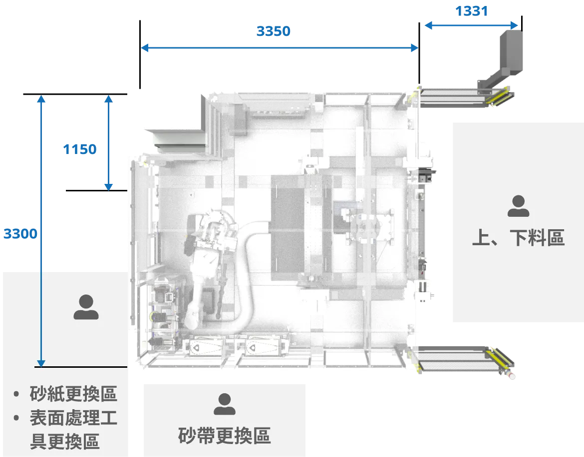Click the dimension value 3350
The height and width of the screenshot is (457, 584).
click(x=274, y=31)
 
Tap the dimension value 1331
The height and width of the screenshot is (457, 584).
click(x=472, y=11)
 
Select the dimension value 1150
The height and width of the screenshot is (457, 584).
click(x=80, y=150)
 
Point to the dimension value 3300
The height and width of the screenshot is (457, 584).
click(x=20, y=234)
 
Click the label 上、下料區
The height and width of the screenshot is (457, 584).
click(x=519, y=238)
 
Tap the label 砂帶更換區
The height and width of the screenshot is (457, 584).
click(x=224, y=436)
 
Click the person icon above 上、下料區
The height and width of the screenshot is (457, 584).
click(x=519, y=206)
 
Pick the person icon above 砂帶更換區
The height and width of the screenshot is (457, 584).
click(x=225, y=404)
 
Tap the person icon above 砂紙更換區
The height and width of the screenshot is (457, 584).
click(x=86, y=307)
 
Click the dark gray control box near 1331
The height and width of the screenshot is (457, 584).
click(x=511, y=52)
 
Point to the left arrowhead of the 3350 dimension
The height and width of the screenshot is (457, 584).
click(x=145, y=48)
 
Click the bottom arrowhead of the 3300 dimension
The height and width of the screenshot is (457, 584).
click(x=41, y=363)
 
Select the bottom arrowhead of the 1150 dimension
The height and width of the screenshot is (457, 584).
click(x=108, y=187)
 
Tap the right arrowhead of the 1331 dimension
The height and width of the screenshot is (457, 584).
click(x=514, y=25)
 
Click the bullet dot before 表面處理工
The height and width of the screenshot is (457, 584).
click(x=16, y=418)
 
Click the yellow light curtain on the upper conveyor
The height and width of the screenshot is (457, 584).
click(x=501, y=96)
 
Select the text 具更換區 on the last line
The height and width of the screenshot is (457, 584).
click(x=65, y=442)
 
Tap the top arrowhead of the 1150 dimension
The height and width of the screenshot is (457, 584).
click(x=108, y=99)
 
